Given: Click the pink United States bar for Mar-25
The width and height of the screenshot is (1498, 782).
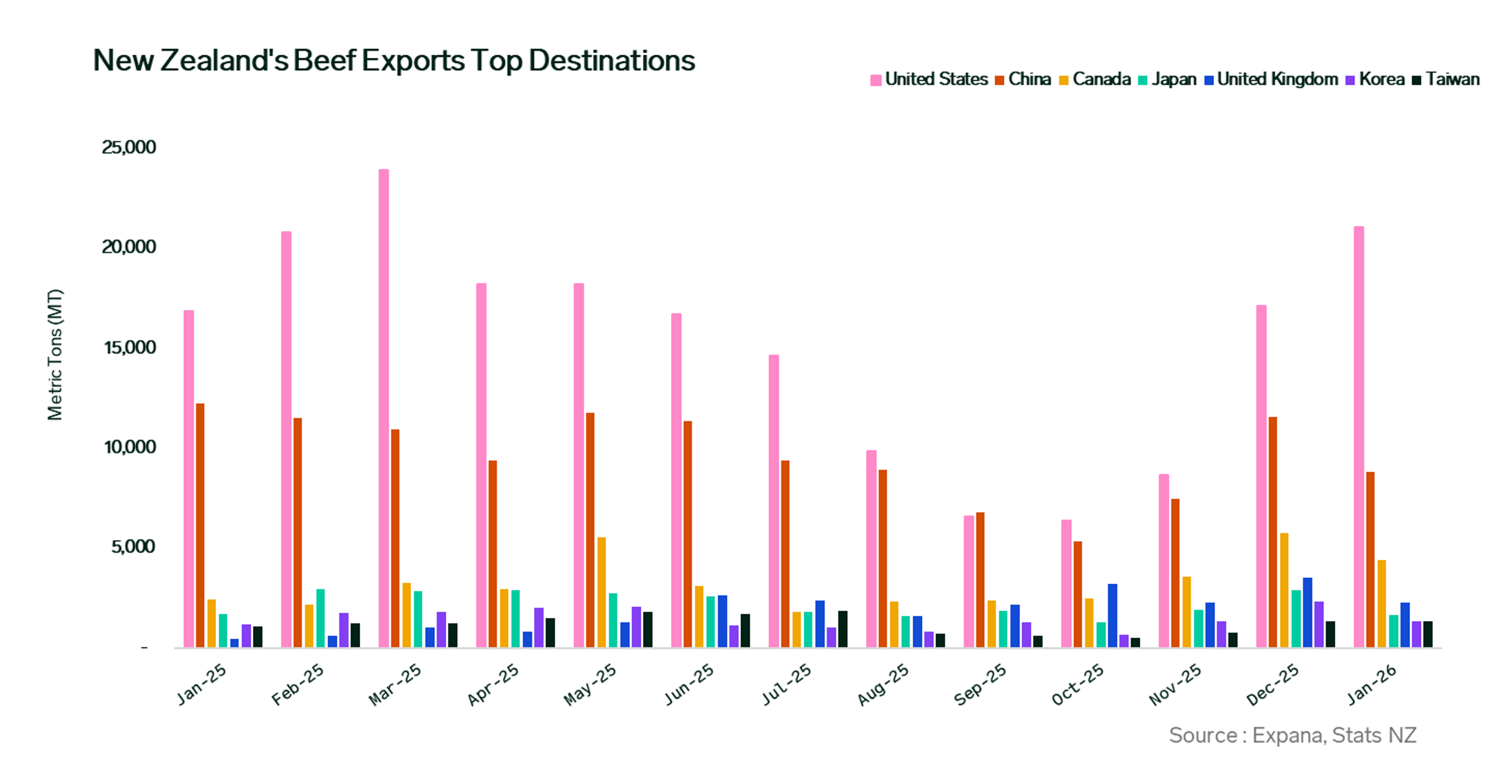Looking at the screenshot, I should coord(383,408).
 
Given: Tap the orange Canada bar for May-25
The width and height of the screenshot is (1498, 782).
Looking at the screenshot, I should coord(602,592).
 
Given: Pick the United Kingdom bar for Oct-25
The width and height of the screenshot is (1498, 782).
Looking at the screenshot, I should coord(1112,616).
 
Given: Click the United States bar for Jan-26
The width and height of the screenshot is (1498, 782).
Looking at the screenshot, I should coord(1358,436).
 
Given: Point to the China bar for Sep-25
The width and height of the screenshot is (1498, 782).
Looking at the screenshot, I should coord(980,580).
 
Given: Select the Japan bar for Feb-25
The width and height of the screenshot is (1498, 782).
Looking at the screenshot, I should coord(321,618).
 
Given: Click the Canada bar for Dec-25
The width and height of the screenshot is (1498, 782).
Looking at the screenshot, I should coord(1284,590).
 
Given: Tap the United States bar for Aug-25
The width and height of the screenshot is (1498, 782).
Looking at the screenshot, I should coord(871,549).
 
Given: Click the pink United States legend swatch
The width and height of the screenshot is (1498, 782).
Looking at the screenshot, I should coord(876,80).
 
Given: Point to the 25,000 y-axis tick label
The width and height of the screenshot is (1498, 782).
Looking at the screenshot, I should coord(129,148).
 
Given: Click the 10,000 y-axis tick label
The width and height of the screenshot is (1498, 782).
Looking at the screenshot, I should coord(130,447).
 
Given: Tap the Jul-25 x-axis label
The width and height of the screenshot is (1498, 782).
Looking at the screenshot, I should coord(786,685).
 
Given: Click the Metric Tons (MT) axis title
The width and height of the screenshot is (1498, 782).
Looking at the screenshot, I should coord(55,355).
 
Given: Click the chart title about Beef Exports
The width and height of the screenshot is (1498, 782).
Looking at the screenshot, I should coord(394,61).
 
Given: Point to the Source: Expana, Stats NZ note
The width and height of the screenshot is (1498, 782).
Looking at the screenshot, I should coord(1292,736).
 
